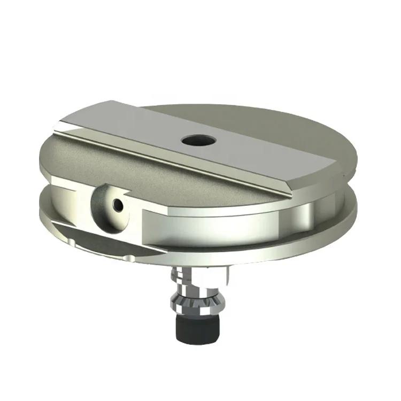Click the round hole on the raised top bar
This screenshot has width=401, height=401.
tap(198, 141)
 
